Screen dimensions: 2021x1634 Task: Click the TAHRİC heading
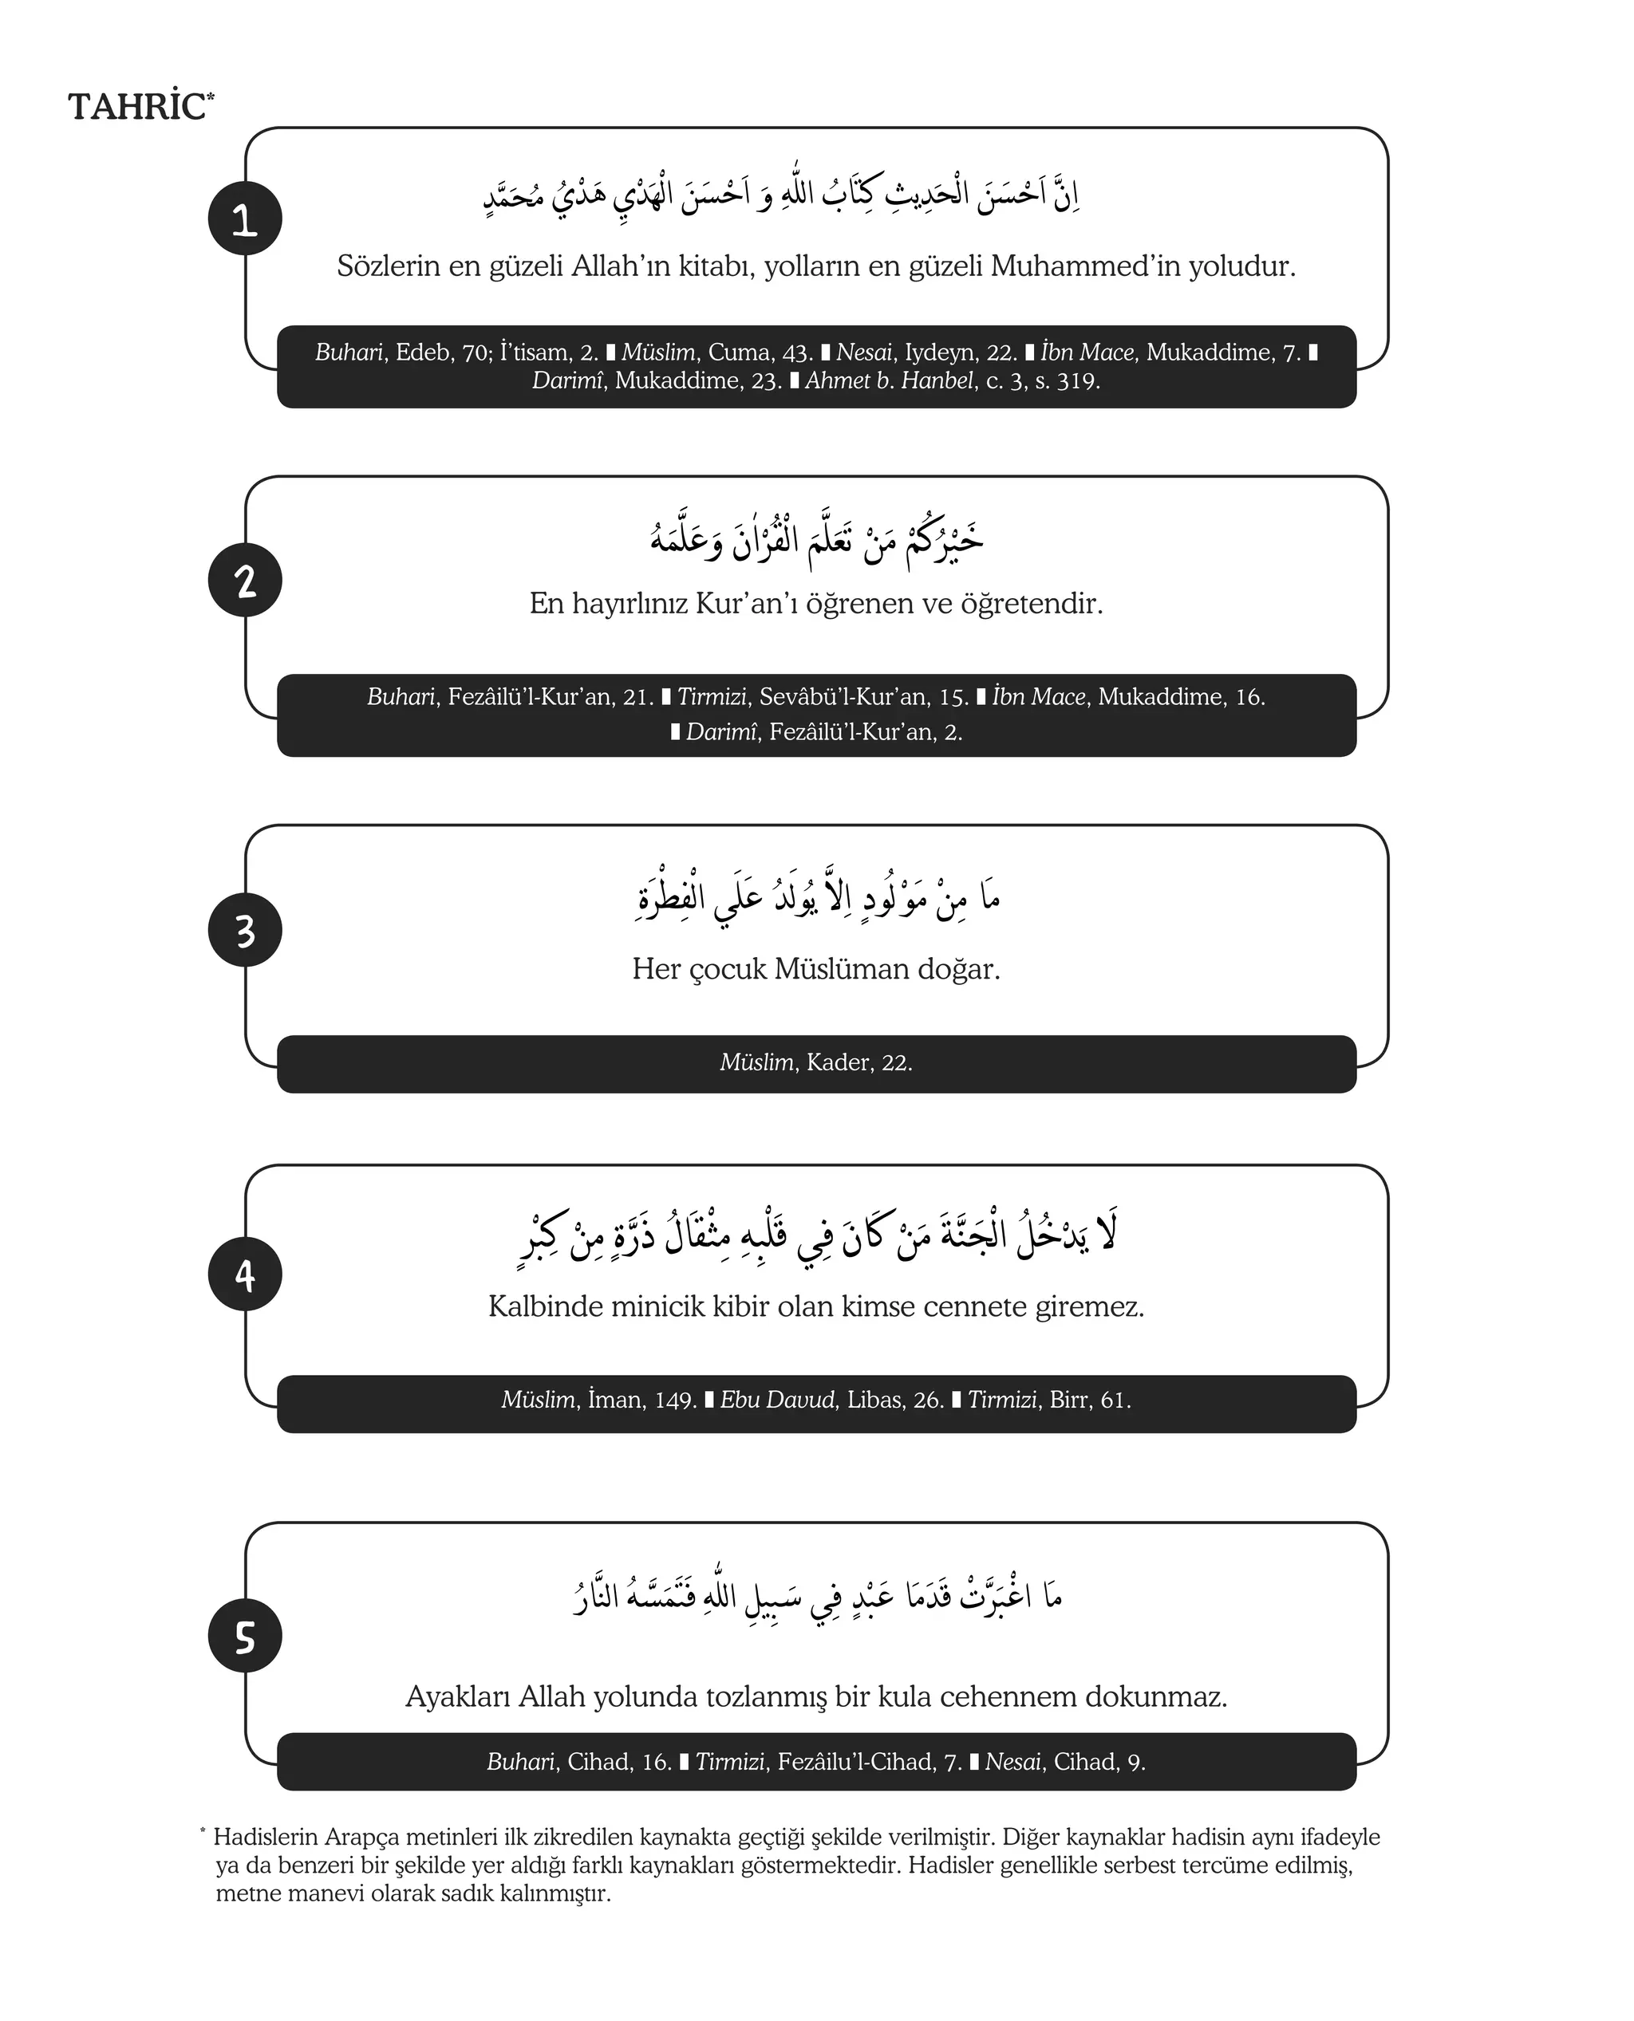[138, 106]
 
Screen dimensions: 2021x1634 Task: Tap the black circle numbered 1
[245, 219]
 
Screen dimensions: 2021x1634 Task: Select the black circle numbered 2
[245, 581]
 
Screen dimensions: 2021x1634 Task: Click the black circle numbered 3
[245, 931]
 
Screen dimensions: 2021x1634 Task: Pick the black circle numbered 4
[245, 1274]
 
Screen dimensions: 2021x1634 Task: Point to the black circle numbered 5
[245, 1637]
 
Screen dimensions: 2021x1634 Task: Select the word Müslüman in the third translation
[832, 969]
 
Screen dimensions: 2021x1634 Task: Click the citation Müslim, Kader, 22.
[816, 1063]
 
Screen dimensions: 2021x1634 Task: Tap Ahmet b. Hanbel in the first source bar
[890, 381]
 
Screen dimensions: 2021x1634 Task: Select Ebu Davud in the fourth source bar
[777, 1400]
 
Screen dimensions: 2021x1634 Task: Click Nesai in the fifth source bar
[1012, 1763]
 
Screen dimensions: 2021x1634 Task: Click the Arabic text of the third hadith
[817, 896]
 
